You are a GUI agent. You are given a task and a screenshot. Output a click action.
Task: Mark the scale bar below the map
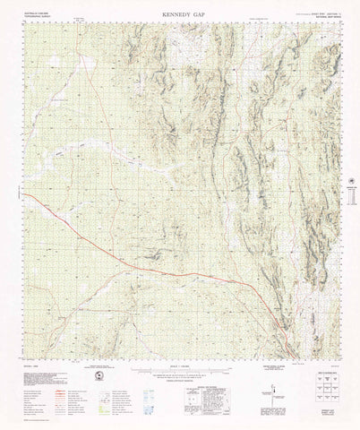179,369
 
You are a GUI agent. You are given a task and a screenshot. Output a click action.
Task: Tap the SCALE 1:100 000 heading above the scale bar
179,364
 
